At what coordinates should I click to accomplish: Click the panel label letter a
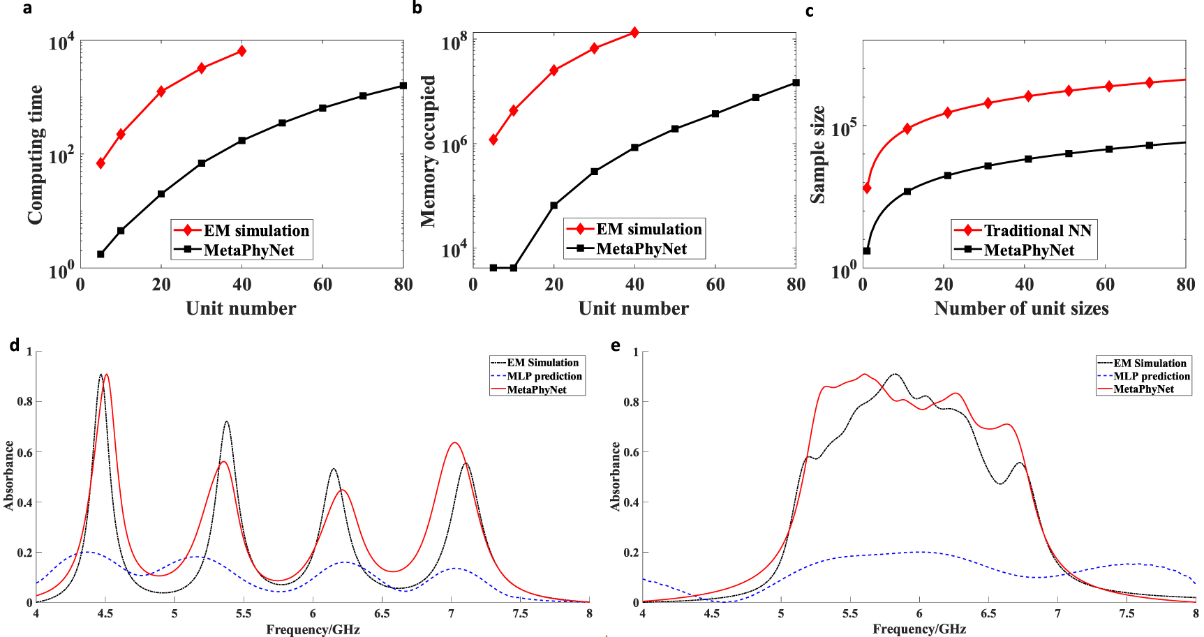27,9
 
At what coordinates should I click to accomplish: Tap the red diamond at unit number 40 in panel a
241,51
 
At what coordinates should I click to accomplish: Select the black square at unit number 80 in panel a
403,85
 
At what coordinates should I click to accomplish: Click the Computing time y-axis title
35,155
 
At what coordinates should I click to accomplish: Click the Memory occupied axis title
428,151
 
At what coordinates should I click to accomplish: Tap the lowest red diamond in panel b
493,140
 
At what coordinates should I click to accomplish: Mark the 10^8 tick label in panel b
454,43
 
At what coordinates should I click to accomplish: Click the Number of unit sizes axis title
1021,308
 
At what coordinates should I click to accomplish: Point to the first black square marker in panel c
867,250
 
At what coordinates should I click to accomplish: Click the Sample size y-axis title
817,155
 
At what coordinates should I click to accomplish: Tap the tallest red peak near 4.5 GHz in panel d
106,375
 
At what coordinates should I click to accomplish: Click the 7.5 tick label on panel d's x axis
520,614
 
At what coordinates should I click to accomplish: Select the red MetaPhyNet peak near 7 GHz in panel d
454,442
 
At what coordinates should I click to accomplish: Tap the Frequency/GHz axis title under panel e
919,629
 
